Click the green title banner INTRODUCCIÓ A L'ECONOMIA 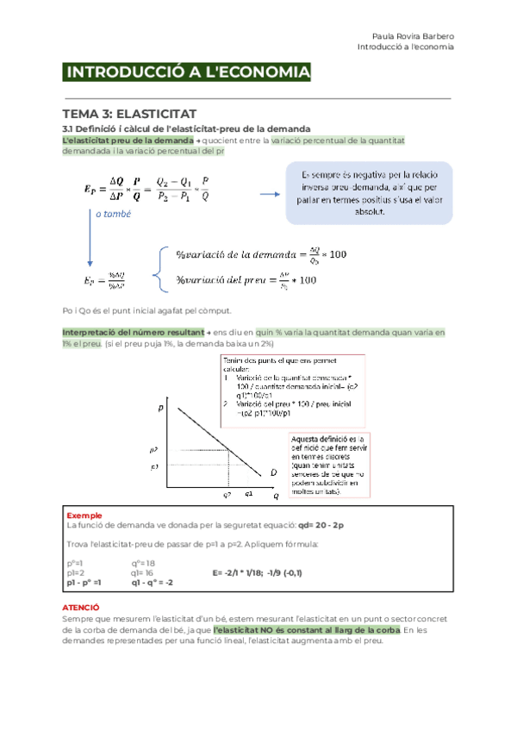pos(187,73)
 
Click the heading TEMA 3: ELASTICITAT pos(130,114)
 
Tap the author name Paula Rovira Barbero pos(413,36)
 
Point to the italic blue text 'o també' pos(113,214)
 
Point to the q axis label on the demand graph pos(277,497)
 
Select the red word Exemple pos(84,515)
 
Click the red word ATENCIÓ pos(82,608)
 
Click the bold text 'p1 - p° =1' pos(84,582)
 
